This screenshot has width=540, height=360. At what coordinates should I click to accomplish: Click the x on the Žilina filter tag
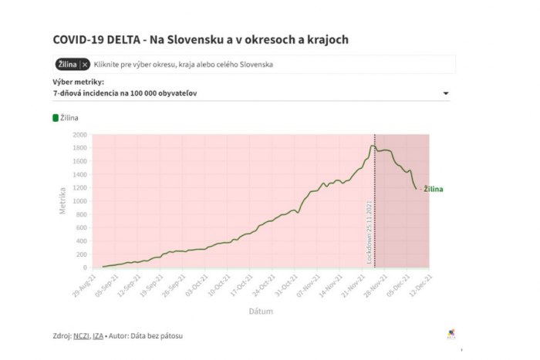click(x=85, y=65)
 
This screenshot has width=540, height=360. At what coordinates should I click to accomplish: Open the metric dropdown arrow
click(x=446, y=94)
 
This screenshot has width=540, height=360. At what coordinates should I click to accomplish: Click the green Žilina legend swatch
click(x=56, y=118)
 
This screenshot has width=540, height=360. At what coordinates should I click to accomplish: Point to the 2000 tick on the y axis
click(x=79, y=135)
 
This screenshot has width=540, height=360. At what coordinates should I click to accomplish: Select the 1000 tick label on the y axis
click(x=79, y=201)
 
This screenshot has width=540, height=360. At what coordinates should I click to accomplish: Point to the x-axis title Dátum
click(x=260, y=311)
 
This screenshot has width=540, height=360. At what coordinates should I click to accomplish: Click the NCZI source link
click(x=82, y=335)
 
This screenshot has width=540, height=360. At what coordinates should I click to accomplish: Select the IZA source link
click(x=98, y=335)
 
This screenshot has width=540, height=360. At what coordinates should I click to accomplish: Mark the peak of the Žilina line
click(x=373, y=146)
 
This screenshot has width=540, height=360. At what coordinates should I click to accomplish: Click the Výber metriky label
click(x=79, y=82)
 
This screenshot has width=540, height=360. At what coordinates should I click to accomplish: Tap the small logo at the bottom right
click(x=451, y=333)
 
